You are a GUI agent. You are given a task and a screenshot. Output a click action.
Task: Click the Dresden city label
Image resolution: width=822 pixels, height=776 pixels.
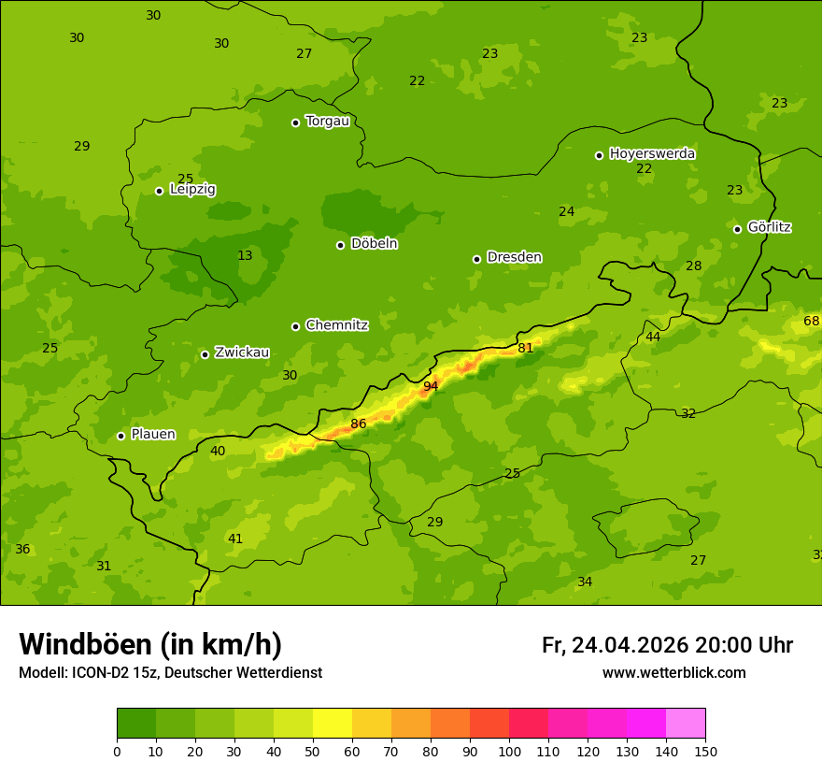[514, 257]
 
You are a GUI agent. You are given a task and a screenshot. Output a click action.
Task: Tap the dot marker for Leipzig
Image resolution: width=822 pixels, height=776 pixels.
[159, 191]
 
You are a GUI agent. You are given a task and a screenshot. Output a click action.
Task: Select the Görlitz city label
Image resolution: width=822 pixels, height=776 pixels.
[769, 227]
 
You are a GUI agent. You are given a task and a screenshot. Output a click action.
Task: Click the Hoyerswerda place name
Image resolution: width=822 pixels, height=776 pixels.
[652, 153]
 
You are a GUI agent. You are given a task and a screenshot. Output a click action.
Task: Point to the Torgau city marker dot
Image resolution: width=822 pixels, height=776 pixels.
[295, 122]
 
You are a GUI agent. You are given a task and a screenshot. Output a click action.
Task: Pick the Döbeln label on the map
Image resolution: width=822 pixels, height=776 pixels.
[374, 243]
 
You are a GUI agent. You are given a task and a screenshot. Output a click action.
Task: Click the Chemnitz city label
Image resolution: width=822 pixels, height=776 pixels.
[336, 325]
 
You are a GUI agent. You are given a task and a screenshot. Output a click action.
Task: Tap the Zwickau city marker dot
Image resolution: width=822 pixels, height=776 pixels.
[205, 354]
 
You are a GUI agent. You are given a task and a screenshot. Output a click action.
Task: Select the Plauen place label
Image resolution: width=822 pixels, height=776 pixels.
[152, 434]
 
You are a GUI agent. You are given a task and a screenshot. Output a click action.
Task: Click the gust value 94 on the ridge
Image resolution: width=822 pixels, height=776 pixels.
[431, 386]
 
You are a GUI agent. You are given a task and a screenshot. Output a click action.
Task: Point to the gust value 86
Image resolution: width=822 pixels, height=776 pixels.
[359, 424]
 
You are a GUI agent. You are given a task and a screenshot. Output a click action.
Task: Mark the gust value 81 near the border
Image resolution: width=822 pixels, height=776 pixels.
[526, 348]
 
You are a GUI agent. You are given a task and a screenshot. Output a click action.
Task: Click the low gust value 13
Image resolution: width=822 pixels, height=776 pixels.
[245, 255]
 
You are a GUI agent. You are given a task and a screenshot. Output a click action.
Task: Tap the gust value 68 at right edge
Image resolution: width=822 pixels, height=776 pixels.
[812, 322]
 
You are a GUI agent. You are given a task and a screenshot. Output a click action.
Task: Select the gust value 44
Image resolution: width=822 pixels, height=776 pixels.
[653, 337]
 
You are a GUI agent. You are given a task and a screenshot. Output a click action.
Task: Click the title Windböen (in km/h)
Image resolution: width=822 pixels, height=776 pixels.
[150, 644]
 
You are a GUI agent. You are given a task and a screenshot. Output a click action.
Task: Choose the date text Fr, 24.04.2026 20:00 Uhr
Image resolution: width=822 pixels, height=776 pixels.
[667, 645]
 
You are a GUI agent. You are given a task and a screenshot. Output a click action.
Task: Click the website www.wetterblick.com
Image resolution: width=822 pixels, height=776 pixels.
[673, 672]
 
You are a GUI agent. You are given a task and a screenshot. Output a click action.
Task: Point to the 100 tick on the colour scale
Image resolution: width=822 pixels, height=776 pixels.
[509, 751]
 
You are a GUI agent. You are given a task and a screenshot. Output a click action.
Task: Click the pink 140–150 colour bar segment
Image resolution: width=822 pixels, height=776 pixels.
[686, 724]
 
